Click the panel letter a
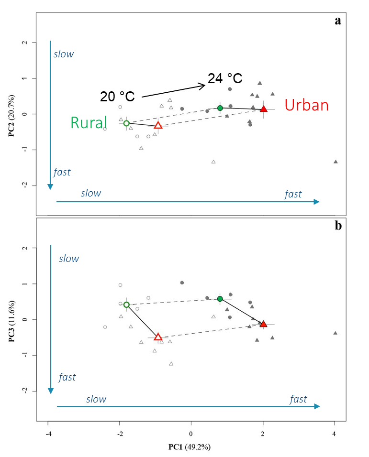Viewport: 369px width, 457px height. pos(338,21)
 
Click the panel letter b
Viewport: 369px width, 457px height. pos(338,226)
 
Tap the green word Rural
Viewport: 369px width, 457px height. pos(89,123)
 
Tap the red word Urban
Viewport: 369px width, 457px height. pos(307,105)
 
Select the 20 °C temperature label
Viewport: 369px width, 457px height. pos(117,97)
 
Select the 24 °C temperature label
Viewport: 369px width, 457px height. pos(225,78)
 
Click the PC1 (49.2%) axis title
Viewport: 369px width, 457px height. pos(190,447)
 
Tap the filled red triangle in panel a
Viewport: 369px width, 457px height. pos(263,109)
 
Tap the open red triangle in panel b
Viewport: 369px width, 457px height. pos(158,337)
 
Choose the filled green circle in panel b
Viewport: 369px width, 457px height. pos(220,299)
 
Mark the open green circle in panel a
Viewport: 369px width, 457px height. pos(126,123)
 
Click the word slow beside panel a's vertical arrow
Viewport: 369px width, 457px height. pos(64,54)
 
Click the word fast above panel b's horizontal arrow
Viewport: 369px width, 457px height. pos(298,399)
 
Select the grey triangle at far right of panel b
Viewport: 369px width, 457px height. pos(335,333)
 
